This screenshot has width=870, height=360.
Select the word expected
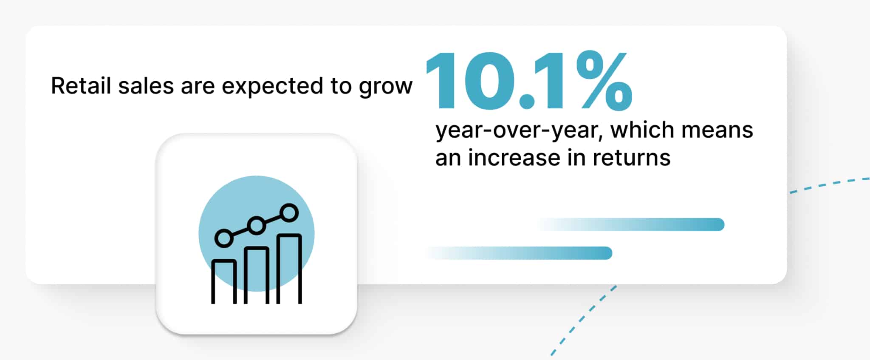[x=272, y=87]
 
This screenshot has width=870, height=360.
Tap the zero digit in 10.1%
[x=488, y=81]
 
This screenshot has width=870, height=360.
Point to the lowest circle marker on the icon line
[x=224, y=238]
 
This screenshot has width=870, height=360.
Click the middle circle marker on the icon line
[x=257, y=225]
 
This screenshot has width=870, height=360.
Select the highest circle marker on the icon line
[x=290, y=213]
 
